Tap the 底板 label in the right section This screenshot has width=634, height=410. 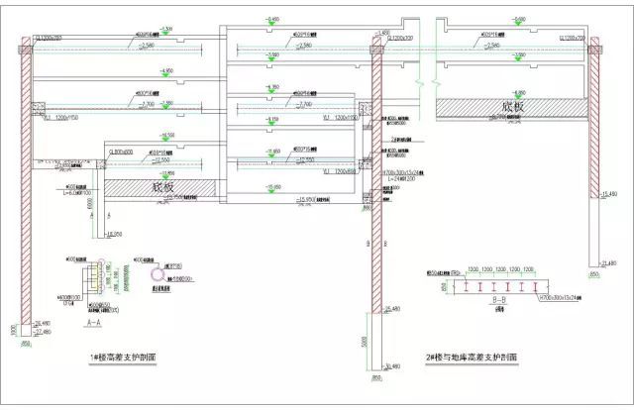tap(510, 106)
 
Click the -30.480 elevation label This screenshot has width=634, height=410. tap(387, 367)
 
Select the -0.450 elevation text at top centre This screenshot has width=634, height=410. tap(271, 20)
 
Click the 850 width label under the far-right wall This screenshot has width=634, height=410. tap(593, 273)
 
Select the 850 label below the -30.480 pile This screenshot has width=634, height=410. tap(376, 377)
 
